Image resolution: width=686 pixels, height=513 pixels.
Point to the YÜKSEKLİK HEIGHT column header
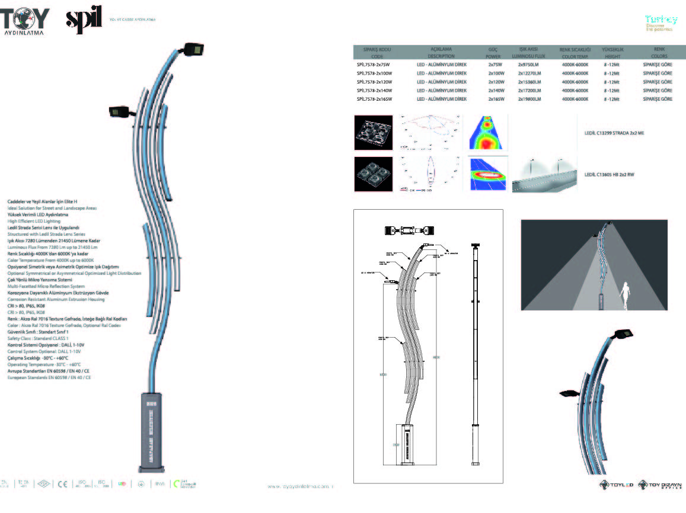tap(611, 53)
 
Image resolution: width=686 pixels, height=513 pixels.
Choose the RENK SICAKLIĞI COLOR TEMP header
tap(575, 53)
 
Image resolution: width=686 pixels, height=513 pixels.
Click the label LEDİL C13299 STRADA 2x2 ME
tap(614, 133)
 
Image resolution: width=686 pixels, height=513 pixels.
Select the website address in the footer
tap(301, 486)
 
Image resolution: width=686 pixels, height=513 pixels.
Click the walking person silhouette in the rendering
tap(624, 297)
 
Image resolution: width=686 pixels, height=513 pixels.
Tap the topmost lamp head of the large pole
tap(194, 49)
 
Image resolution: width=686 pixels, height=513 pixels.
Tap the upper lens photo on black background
tap(374, 133)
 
